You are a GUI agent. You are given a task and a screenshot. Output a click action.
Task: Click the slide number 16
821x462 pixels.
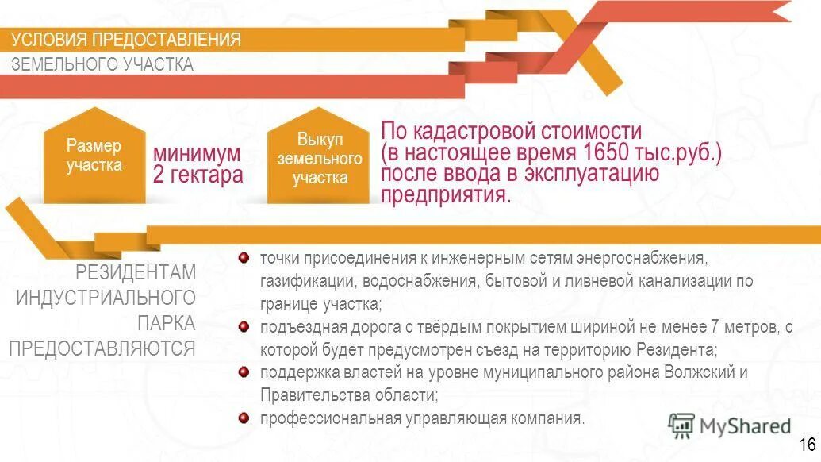pos(808,444)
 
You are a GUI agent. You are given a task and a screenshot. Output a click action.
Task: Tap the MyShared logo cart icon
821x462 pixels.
pos(681,425)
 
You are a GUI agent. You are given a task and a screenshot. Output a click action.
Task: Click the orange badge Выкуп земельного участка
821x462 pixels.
pos(320,158)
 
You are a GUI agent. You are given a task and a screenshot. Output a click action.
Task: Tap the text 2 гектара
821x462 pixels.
pos(198,175)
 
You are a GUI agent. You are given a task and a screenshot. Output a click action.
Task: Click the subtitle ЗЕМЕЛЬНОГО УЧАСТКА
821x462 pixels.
pos(102,64)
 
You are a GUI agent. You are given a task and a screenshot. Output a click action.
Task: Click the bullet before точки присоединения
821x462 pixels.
pos(244,257)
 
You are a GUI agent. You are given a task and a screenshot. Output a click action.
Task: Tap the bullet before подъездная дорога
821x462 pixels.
pos(244,325)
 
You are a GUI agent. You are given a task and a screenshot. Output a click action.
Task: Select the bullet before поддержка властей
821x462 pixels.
pos(244,372)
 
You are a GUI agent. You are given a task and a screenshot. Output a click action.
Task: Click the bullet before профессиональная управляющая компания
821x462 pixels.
pos(244,418)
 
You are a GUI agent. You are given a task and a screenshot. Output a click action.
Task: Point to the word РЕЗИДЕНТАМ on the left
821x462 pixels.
pos(136,273)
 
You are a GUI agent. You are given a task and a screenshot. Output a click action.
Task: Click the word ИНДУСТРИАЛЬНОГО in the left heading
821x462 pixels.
pos(106,298)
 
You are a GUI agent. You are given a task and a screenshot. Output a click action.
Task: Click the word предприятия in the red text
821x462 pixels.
pos(446,194)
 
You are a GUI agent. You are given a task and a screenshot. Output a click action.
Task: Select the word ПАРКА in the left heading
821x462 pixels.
pos(166,323)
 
